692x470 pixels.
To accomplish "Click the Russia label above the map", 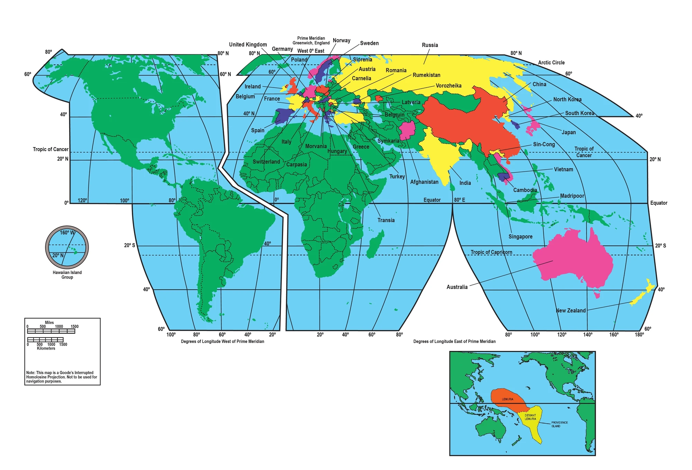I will click(430, 45).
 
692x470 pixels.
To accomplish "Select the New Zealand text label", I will click(571, 310).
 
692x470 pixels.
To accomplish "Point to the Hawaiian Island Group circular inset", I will click(67, 247).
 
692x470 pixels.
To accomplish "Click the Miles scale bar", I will click(51, 331).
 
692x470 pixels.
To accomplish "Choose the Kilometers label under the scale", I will click(46, 349).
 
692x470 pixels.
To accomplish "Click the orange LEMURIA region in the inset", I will click(508, 399).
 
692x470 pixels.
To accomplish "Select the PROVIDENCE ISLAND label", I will click(559, 424).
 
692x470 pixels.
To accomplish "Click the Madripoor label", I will click(572, 196).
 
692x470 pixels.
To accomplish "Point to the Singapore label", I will click(520, 237).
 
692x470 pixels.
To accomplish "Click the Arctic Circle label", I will click(551, 63).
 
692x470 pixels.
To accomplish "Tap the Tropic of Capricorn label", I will click(491, 252).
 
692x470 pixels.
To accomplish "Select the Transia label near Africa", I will click(386, 220).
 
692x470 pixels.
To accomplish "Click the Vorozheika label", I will click(448, 86).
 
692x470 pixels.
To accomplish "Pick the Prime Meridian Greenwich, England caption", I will click(311, 40).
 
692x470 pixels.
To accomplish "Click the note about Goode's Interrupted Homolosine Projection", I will click(62, 377).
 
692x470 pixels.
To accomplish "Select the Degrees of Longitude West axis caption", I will click(222, 342).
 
